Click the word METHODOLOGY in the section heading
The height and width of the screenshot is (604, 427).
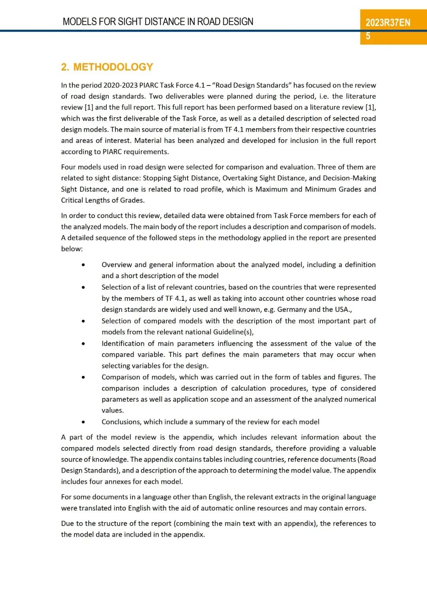[113, 67]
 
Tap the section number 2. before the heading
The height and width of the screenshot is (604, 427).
[65, 67]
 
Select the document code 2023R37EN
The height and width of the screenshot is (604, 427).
[388, 23]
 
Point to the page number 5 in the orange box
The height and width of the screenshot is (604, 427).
[368, 36]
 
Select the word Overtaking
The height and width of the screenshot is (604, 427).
[241, 178]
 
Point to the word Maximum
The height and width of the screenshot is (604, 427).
[271, 189]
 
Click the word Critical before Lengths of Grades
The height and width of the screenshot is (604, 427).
[72, 200]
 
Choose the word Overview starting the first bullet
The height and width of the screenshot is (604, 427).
[116, 264]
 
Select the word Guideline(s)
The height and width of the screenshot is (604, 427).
[233, 332]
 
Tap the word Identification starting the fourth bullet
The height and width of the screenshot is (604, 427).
[123, 344]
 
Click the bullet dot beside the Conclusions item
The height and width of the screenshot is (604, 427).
[83, 422]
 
